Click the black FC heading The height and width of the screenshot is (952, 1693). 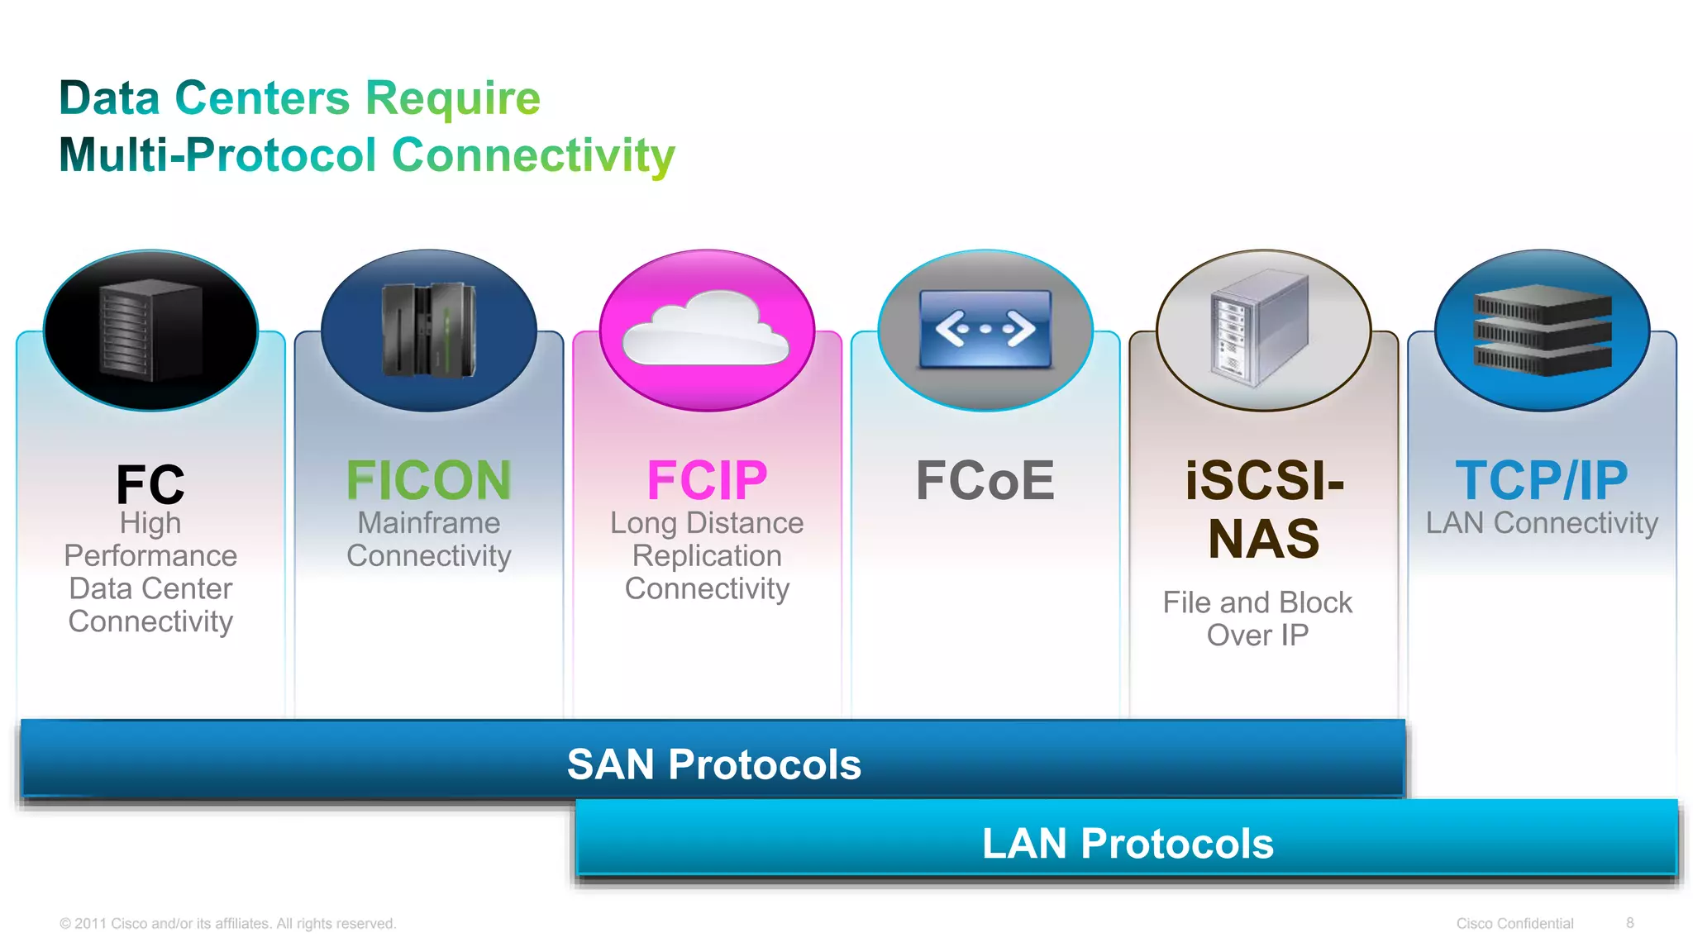point(150,484)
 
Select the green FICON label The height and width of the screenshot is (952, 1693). point(428,480)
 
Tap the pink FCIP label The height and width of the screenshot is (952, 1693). point(707,480)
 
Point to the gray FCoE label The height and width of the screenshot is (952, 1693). point(985,480)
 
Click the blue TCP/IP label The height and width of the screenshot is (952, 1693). point(1541,480)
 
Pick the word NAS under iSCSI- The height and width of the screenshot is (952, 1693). point(1263,539)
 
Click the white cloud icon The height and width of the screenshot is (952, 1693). point(706,329)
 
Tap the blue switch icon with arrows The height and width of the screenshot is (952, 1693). point(985,329)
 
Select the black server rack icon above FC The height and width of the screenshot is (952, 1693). point(150,331)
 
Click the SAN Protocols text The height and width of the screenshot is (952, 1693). point(713,764)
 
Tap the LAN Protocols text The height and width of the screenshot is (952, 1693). point(1128,843)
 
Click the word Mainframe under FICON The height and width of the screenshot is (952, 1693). point(428,523)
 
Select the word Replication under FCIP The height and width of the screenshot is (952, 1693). point(707,556)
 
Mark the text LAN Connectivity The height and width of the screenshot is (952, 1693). point(1541,523)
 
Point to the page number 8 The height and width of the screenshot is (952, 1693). point(1629,923)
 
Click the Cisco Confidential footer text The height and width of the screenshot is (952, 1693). point(1514,923)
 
